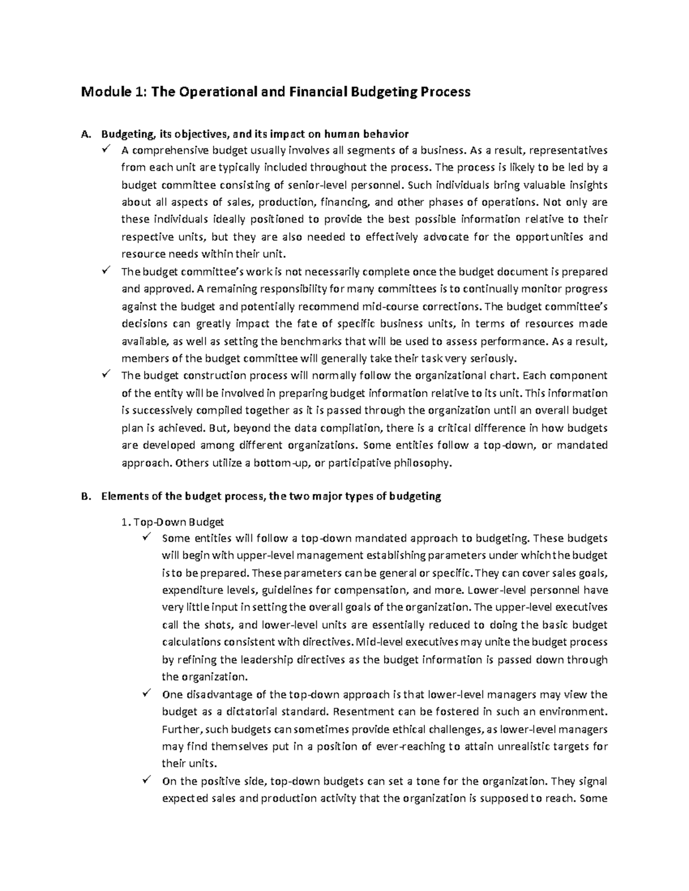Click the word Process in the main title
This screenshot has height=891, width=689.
click(x=442, y=92)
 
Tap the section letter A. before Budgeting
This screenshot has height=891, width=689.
click(x=86, y=135)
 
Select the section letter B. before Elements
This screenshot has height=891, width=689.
click(x=86, y=497)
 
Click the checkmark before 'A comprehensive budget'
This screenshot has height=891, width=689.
click(x=106, y=151)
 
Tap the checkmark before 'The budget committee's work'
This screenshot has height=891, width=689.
click(x=106, y=271)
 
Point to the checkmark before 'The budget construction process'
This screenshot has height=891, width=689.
click(x=106, y=376)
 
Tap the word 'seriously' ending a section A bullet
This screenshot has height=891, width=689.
click(x=493, y=359)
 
